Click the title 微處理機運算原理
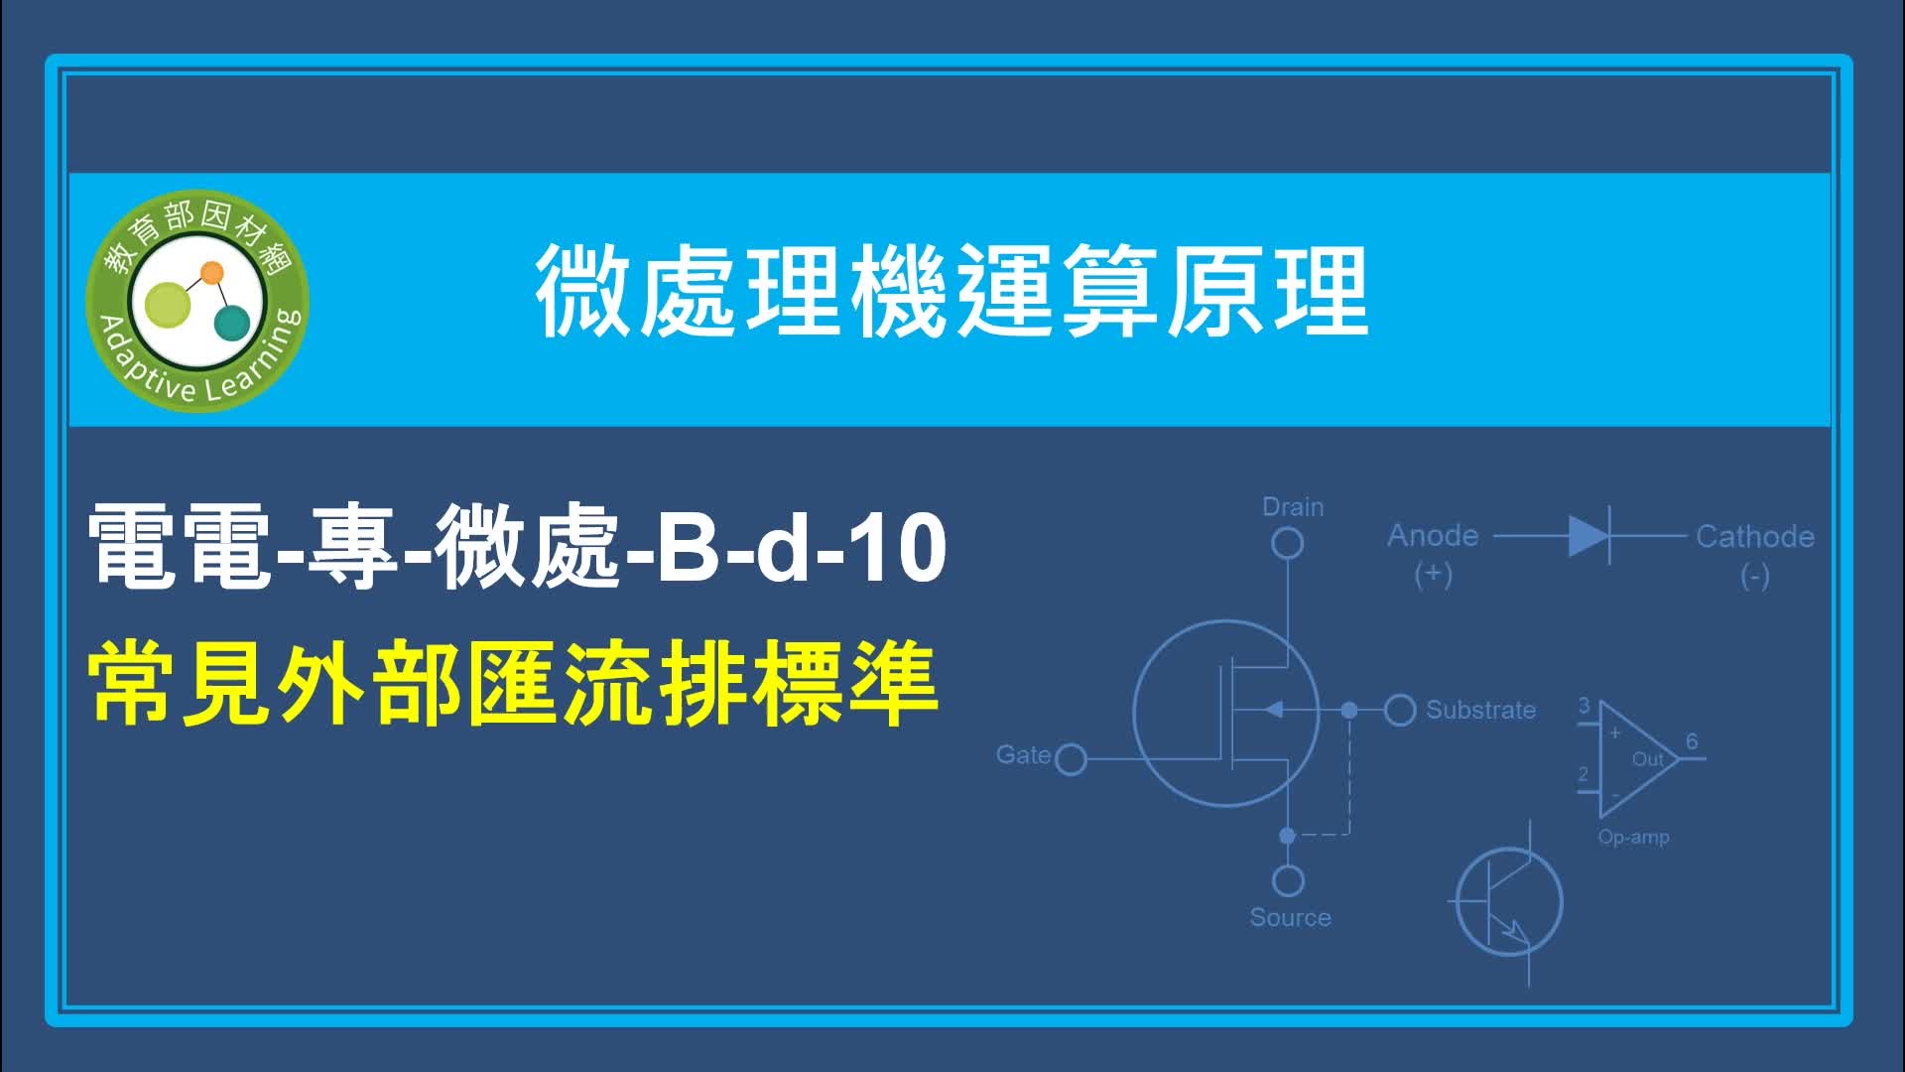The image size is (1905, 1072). coord(952,293)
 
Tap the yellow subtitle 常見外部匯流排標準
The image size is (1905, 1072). coord(514,685)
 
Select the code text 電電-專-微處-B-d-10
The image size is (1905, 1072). coord(517,546)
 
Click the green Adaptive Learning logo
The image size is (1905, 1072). coord(197,300)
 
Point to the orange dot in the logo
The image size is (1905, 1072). coord(211,272)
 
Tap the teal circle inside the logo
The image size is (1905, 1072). coord(233,323)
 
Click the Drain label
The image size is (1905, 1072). coord(1293,507)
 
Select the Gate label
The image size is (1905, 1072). coord(1023,754)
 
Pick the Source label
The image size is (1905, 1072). coord(1290,917)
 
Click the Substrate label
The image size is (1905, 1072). coord(1480,710)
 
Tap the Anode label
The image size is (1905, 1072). coord(1433,536)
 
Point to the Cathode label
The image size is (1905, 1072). coord(1754,537)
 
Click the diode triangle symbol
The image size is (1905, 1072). coord(1588,536)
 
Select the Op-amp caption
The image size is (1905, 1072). coord(1633,837)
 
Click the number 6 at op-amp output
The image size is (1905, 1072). coord(1692,741)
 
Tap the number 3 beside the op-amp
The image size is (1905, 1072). coord(1584,706)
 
